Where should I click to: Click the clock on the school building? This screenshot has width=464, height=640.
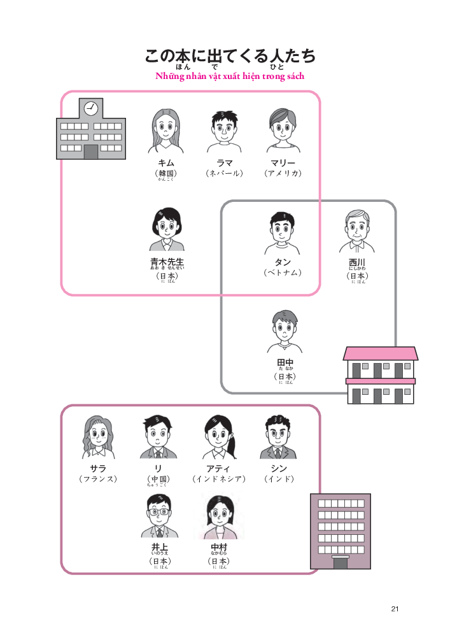(90, 108)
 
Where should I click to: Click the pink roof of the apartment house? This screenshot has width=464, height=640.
(380, 353)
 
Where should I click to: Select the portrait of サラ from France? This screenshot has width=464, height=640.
(98, 437)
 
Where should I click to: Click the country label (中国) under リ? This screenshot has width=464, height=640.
(158, 479)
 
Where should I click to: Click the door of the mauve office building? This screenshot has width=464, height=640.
(340, 562)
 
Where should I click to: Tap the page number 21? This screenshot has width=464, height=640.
(395, 609)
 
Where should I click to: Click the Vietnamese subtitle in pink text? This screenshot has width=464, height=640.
(230, 76)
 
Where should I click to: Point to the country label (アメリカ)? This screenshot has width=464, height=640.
(283, 173)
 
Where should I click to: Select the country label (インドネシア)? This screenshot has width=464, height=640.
(218, 479)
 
